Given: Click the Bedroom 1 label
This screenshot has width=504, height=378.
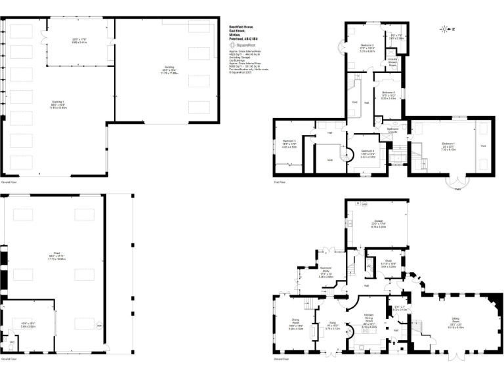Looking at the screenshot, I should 448,144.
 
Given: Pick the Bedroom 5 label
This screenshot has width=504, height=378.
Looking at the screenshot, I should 289,142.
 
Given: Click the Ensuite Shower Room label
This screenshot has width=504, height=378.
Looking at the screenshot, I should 392,62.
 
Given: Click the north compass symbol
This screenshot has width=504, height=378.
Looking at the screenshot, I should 447,29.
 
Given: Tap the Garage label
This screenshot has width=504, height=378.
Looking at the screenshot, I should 378,221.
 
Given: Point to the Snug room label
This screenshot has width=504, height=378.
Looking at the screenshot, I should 332,324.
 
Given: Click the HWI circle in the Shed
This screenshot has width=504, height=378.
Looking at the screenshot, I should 99,326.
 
